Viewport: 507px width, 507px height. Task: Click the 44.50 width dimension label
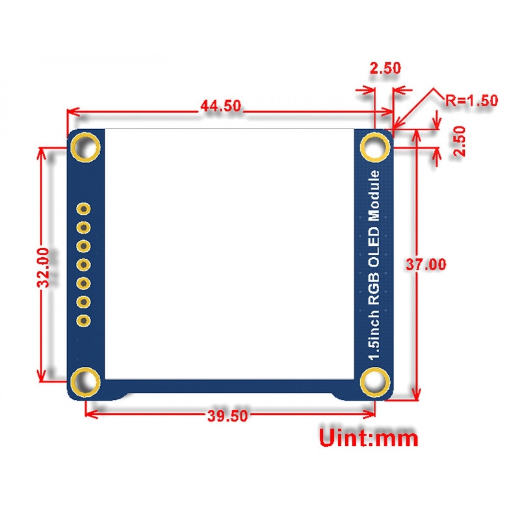click(221, 106)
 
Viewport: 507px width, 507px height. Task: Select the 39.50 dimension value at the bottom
click(227, 416)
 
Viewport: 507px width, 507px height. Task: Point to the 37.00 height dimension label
click(425, 265)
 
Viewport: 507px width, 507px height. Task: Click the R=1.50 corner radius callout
click(472, 101)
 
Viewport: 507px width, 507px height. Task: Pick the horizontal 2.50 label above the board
click(384, 68)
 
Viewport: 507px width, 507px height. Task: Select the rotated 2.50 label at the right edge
click(459, 142)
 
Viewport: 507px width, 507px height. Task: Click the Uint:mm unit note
click(368, 438)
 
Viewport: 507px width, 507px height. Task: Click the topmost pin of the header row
click(84, 209)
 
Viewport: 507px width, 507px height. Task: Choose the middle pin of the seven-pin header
click(84, 265)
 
